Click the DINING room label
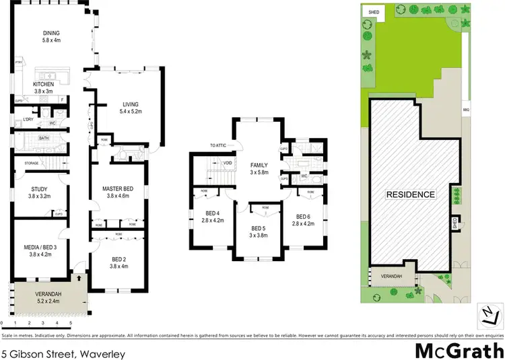click(x=51, y=33)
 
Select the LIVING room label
click(x=130, y=104)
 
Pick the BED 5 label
click(x=259, y=229)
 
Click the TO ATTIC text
click(x=219, y=145)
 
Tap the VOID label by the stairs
click(x=228, y=162)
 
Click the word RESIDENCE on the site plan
click(x=410, y=194)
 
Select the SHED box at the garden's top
click(x=372, y=11)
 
